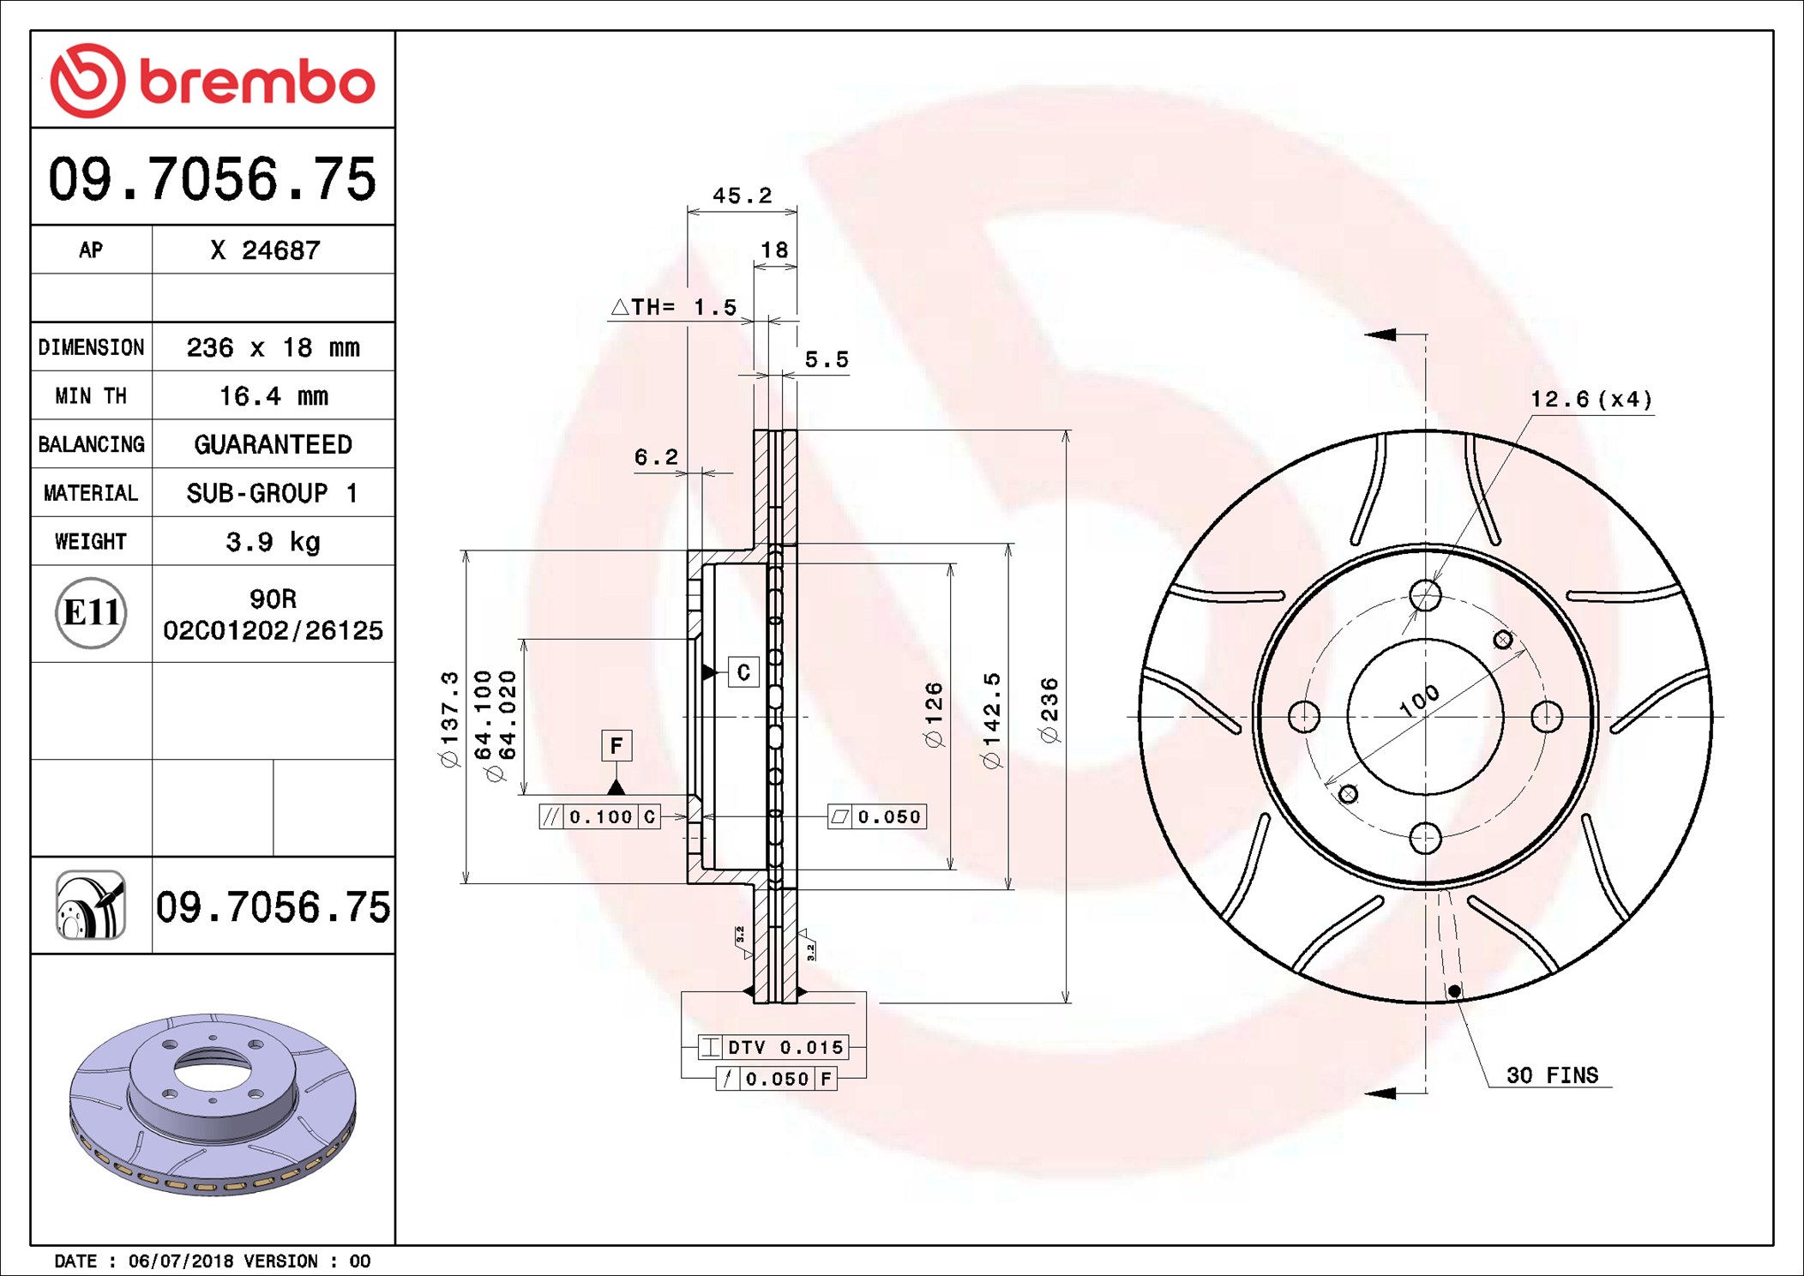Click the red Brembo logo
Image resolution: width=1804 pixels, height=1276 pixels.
213,81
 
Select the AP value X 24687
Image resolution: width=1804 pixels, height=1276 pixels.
266,250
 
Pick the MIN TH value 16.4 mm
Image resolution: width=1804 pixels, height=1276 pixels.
274,396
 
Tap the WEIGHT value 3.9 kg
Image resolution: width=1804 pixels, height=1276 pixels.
274,542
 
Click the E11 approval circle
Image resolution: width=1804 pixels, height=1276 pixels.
91,613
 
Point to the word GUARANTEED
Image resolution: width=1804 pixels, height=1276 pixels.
274,444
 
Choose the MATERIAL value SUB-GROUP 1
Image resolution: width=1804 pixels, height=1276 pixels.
273,493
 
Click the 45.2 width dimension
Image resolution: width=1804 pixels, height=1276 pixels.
743,196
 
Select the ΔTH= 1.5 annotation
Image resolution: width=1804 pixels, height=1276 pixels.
674,307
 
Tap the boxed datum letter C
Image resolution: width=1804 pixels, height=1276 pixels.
743,672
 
